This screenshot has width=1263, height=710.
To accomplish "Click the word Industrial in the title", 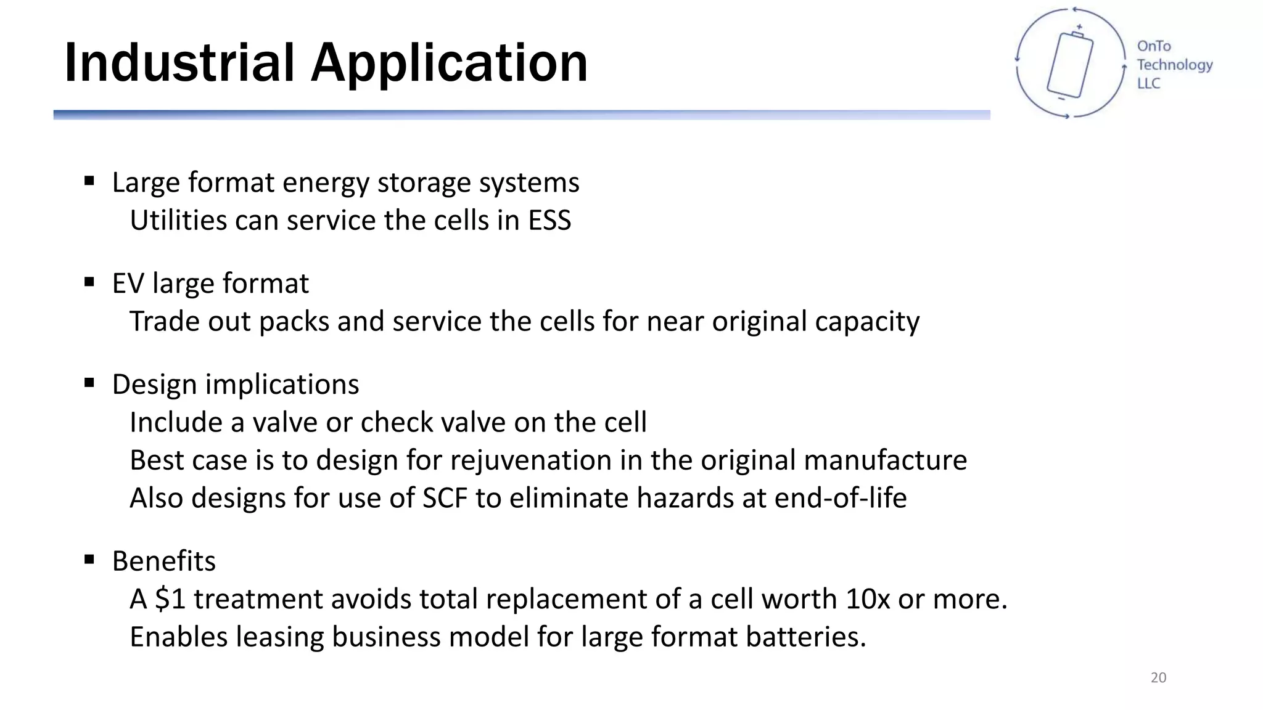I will [x=179, y=63].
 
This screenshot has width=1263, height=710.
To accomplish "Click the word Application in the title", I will [x=449, y=64].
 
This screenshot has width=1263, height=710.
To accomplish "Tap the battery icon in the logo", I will [x=1070, y=64].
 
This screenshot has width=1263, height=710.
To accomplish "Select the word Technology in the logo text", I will [x=1174, y=65].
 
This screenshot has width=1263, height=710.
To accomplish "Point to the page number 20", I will [x=1158, y=678].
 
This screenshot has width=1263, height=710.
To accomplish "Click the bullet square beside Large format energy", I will [x=89, y=181].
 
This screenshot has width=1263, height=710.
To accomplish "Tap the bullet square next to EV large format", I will [x=89, y=282].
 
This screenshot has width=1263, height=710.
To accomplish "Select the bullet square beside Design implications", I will [x=89, y=383].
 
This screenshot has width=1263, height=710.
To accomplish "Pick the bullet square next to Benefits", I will [x=89, y=560].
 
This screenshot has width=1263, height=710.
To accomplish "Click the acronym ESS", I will [x=549, y=221].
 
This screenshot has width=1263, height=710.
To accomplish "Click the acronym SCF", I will [x=445, y=498].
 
